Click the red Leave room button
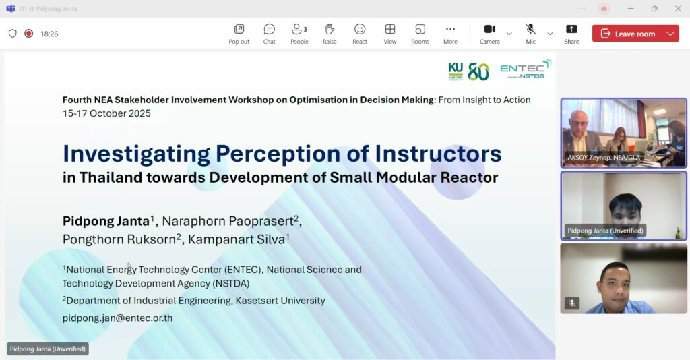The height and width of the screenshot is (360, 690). [x=629, y=34]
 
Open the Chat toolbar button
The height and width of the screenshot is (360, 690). [x=270, y=34]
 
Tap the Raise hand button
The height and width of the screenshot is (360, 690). [x=330, y=34]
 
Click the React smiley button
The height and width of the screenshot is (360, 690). [x=360, y=34]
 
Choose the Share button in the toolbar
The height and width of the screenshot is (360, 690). [x=571, y=34]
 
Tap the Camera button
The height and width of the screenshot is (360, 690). [x=490, y=34]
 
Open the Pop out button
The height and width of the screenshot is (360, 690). [x=239, y=34]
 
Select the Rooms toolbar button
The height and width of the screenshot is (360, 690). [x=420, y=34]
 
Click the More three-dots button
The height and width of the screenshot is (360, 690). [x=450, y=34]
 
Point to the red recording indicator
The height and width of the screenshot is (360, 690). [x=28, y=34]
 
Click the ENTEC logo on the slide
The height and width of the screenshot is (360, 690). [x=526, y=69]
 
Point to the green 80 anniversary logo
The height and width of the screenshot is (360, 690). [x=478, y=71]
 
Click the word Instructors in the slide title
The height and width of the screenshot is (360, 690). [x=438, y=154]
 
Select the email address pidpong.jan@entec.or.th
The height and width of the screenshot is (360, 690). [x=117, y=318]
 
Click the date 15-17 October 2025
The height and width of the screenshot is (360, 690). [x=106, y=113]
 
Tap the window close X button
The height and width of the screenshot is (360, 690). [x=678, y=8]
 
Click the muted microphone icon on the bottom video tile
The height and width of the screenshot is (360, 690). [x=572, y=303]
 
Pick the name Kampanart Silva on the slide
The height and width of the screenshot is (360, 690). [x=237, y=239]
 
